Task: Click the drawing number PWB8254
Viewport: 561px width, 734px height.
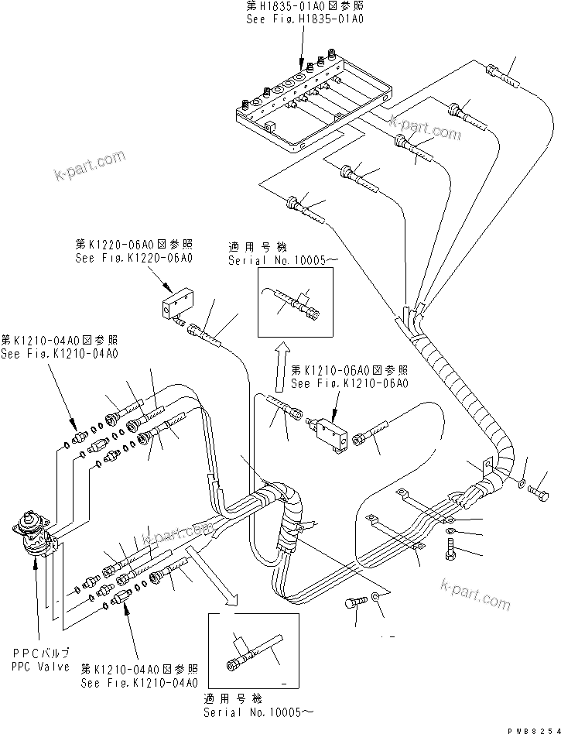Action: click(529, 726)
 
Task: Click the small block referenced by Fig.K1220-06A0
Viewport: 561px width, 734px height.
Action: click(178, 303)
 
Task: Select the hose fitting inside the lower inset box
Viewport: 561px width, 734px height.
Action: click(248, 657)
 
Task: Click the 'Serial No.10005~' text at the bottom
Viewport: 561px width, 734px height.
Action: click(260, 710)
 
